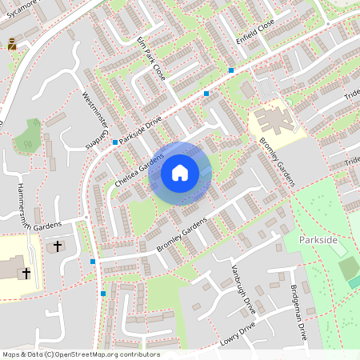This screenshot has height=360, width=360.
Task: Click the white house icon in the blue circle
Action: click(179, 173)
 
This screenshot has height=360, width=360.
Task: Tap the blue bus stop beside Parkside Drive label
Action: click(115, 142)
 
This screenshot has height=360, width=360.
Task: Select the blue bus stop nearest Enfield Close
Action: click(230, 70)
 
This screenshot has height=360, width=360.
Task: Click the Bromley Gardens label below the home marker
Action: click(176, 238)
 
